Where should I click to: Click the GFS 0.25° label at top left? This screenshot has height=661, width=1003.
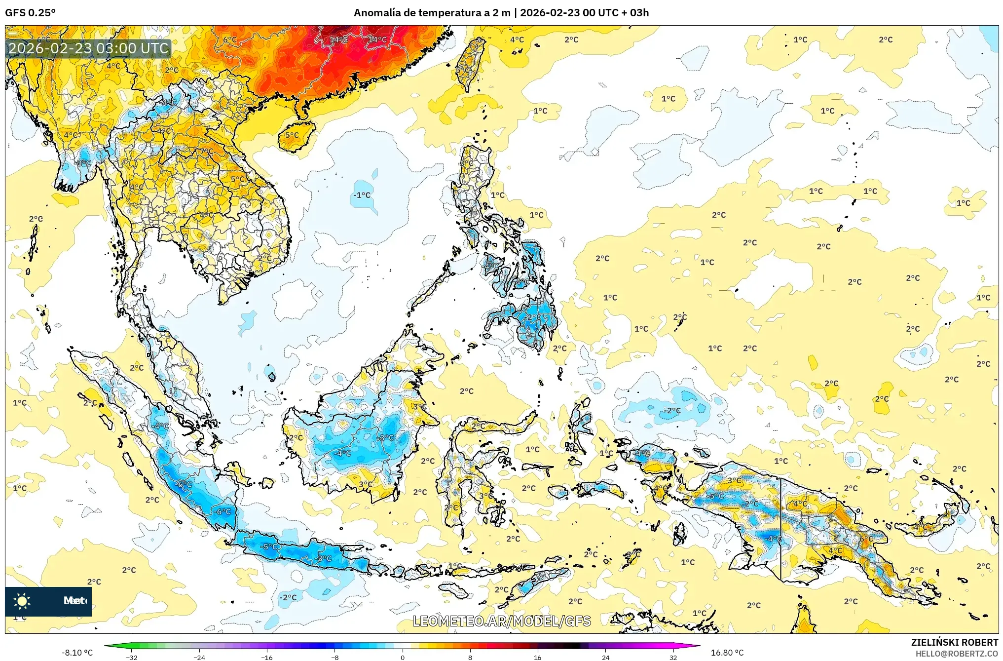click(x=30, y=13)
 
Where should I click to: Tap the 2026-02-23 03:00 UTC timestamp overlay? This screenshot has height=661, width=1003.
click(x=88, y=48)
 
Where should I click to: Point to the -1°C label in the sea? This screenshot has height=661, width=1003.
click(x=362, y=195)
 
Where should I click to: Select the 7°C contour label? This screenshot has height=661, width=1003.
click(x=207, y=152)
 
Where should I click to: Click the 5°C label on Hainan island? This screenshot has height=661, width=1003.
click(x=292, y=135)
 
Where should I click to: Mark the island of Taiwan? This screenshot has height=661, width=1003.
click(x=469, y=64)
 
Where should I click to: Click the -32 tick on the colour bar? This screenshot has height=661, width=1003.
click(x=132, y=657)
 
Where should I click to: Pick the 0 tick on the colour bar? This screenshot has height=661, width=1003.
click(x=403, y=657)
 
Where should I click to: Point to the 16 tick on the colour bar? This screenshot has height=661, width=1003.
click(x=537, y=657)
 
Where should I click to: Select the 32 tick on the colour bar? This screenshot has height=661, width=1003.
click(x=673, y=657)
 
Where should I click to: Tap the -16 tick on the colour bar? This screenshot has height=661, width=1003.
click(x=267, y=657)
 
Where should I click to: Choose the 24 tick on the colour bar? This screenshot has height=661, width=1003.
click(x=605, y=657)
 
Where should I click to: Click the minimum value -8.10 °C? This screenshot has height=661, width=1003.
click(x=77, y=653)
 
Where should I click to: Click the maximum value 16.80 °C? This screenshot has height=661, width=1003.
click(x=727, y=653)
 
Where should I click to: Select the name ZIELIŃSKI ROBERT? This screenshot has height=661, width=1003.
click(x=954, y=642)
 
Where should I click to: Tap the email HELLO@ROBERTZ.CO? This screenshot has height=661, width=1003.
click(x=957, y=654)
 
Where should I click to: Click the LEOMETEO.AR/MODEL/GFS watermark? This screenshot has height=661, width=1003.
click(x=501, y=621)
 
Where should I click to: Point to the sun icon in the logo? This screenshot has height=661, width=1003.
click(x=22, y=601)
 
